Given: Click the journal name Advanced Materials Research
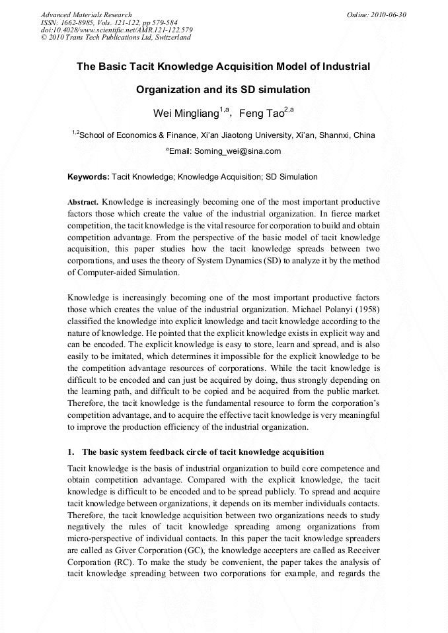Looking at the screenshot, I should [86, 15].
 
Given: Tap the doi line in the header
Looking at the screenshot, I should [116, 30].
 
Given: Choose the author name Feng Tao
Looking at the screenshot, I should [261, 114].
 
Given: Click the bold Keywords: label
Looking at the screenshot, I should [89, 177].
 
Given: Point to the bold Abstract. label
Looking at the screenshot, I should [83, 201].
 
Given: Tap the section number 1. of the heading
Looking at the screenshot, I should [71, 452].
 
